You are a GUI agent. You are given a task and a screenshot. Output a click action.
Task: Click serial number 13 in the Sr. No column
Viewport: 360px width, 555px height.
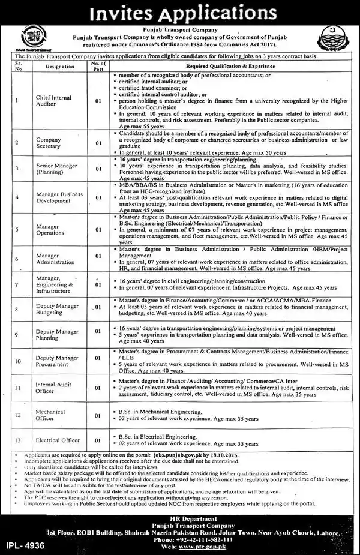[x=18, y=440]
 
